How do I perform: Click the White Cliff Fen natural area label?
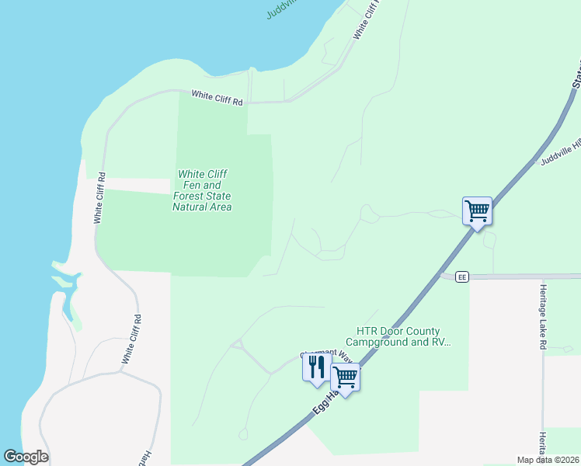coord(202,190)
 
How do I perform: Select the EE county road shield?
coord(461,276)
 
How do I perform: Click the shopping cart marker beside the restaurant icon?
coord(345,378)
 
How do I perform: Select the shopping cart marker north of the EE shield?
coord(477,210)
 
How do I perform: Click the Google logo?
coord(26,457)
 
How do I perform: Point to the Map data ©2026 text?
coord(546,460)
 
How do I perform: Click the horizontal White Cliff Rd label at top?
coord(217,97)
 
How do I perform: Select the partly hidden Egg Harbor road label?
coord(325,402)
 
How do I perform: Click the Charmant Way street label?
coord(326,356)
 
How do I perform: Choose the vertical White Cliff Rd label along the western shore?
coord(99,198)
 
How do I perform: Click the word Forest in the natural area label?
coord(188,196)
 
